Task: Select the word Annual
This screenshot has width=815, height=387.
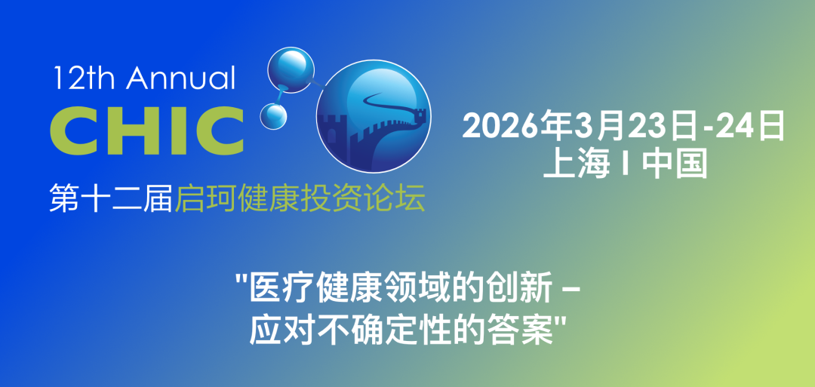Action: click(182, 78)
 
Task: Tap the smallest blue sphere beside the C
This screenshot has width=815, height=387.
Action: click(274, 115)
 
